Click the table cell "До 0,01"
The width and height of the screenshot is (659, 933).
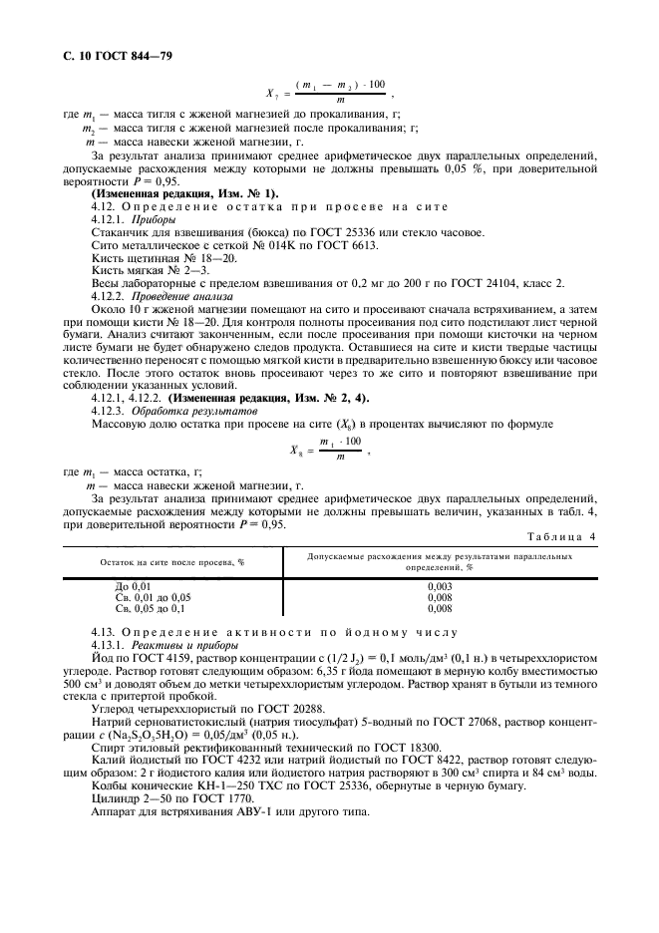[x=134, y=587]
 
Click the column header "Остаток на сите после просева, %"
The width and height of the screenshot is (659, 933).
[x=158, y=562]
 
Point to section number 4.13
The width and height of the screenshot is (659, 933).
[x=104, y=632]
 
